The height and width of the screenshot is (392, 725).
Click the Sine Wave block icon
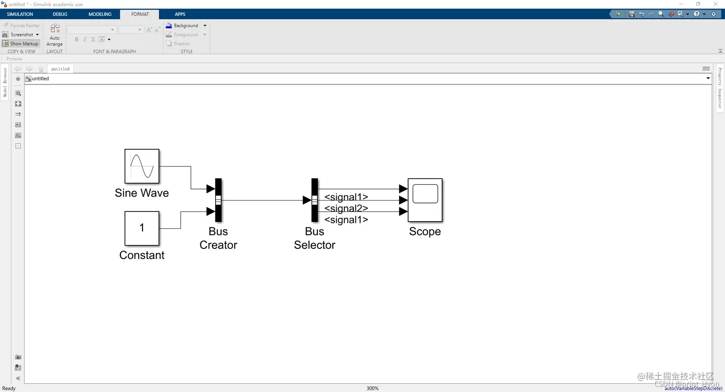point(142,166)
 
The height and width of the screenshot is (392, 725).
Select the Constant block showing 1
point(142,228)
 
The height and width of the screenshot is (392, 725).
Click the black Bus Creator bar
point(218,200)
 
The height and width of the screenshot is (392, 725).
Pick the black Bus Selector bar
point(315,200)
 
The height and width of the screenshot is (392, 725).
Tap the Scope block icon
point(425,200)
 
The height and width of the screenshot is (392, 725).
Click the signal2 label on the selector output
point(346,208)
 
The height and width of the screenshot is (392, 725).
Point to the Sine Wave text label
point(142,193)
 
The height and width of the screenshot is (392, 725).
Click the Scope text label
point(425,232)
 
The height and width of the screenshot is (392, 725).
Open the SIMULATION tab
point(20,14)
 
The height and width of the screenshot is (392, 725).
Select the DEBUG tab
point(60,14)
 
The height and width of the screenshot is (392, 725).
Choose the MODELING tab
point(100,14)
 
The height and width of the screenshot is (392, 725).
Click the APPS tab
point(180,14)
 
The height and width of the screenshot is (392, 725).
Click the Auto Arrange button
point(55,34)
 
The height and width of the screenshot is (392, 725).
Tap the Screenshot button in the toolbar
point(21,34)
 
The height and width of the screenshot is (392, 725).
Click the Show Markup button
point(21,44)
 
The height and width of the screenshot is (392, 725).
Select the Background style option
point(185,25)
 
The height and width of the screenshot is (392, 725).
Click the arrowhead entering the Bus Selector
point(307,200)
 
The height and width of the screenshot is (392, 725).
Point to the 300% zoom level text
point(373,388)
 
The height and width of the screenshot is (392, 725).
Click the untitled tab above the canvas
point(60,69)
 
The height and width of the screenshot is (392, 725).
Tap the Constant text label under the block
point(142,255)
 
